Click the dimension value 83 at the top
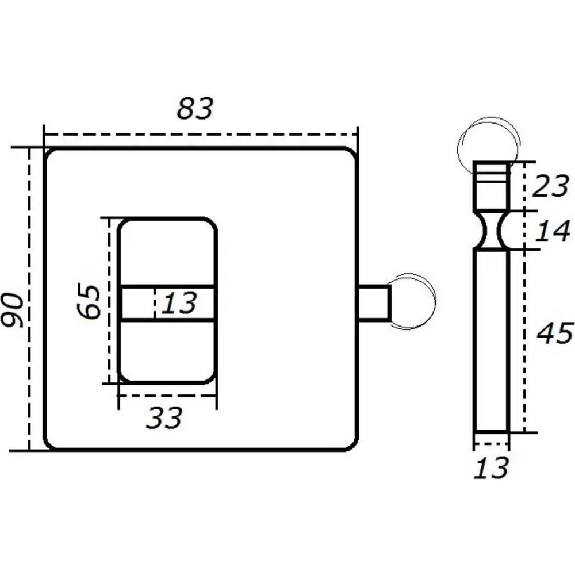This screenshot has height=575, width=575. coord(195,109)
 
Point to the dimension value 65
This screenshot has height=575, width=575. coord(90,301)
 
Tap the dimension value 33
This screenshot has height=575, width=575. coord(164,418)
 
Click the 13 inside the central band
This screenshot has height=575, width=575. coord(178,303)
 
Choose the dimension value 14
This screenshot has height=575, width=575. coord(553,231)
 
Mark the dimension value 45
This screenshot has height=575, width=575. coord(554,333)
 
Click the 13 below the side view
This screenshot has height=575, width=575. coord(492,468)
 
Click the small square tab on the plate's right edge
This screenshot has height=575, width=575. coord(374,302)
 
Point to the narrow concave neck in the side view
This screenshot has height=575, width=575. coord(491,230)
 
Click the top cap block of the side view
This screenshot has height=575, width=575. coord(491,186)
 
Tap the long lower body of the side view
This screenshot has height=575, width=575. coord(491,339)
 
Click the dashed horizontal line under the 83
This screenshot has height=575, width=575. coord(201,135)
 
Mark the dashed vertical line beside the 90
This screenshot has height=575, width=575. coord(29,299)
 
